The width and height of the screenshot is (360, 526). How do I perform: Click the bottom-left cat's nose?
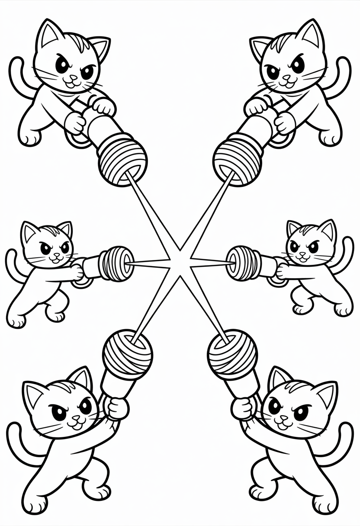click(77, 418)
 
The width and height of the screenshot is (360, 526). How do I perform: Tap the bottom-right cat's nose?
click(284, 418)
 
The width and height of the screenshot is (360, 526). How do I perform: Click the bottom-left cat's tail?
click(17, 450)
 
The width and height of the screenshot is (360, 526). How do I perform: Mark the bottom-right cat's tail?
click(344, 450)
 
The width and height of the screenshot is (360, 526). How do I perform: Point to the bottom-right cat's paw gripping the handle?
click(243, 407)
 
